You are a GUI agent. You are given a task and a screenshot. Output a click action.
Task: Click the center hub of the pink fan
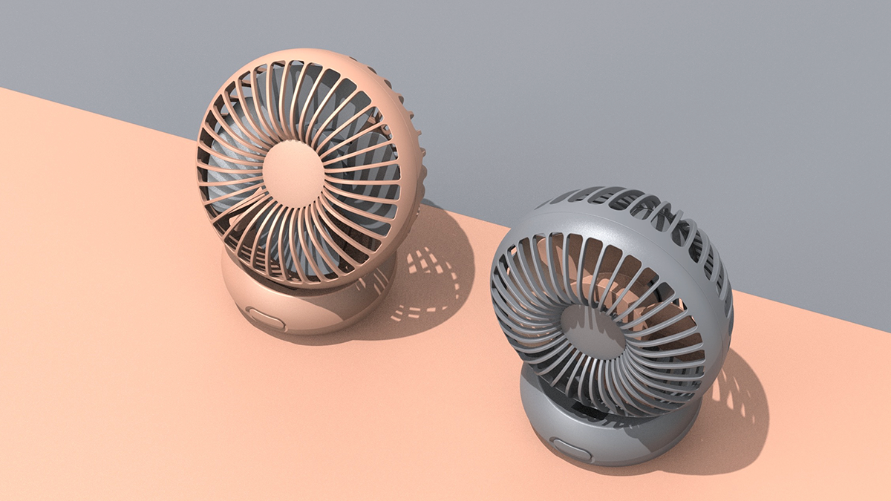[293, 174]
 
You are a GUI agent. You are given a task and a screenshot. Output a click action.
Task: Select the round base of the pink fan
[312, 308]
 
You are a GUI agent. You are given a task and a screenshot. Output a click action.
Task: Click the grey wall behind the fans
[668, 89]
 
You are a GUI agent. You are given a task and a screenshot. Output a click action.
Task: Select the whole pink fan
[308, 193]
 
